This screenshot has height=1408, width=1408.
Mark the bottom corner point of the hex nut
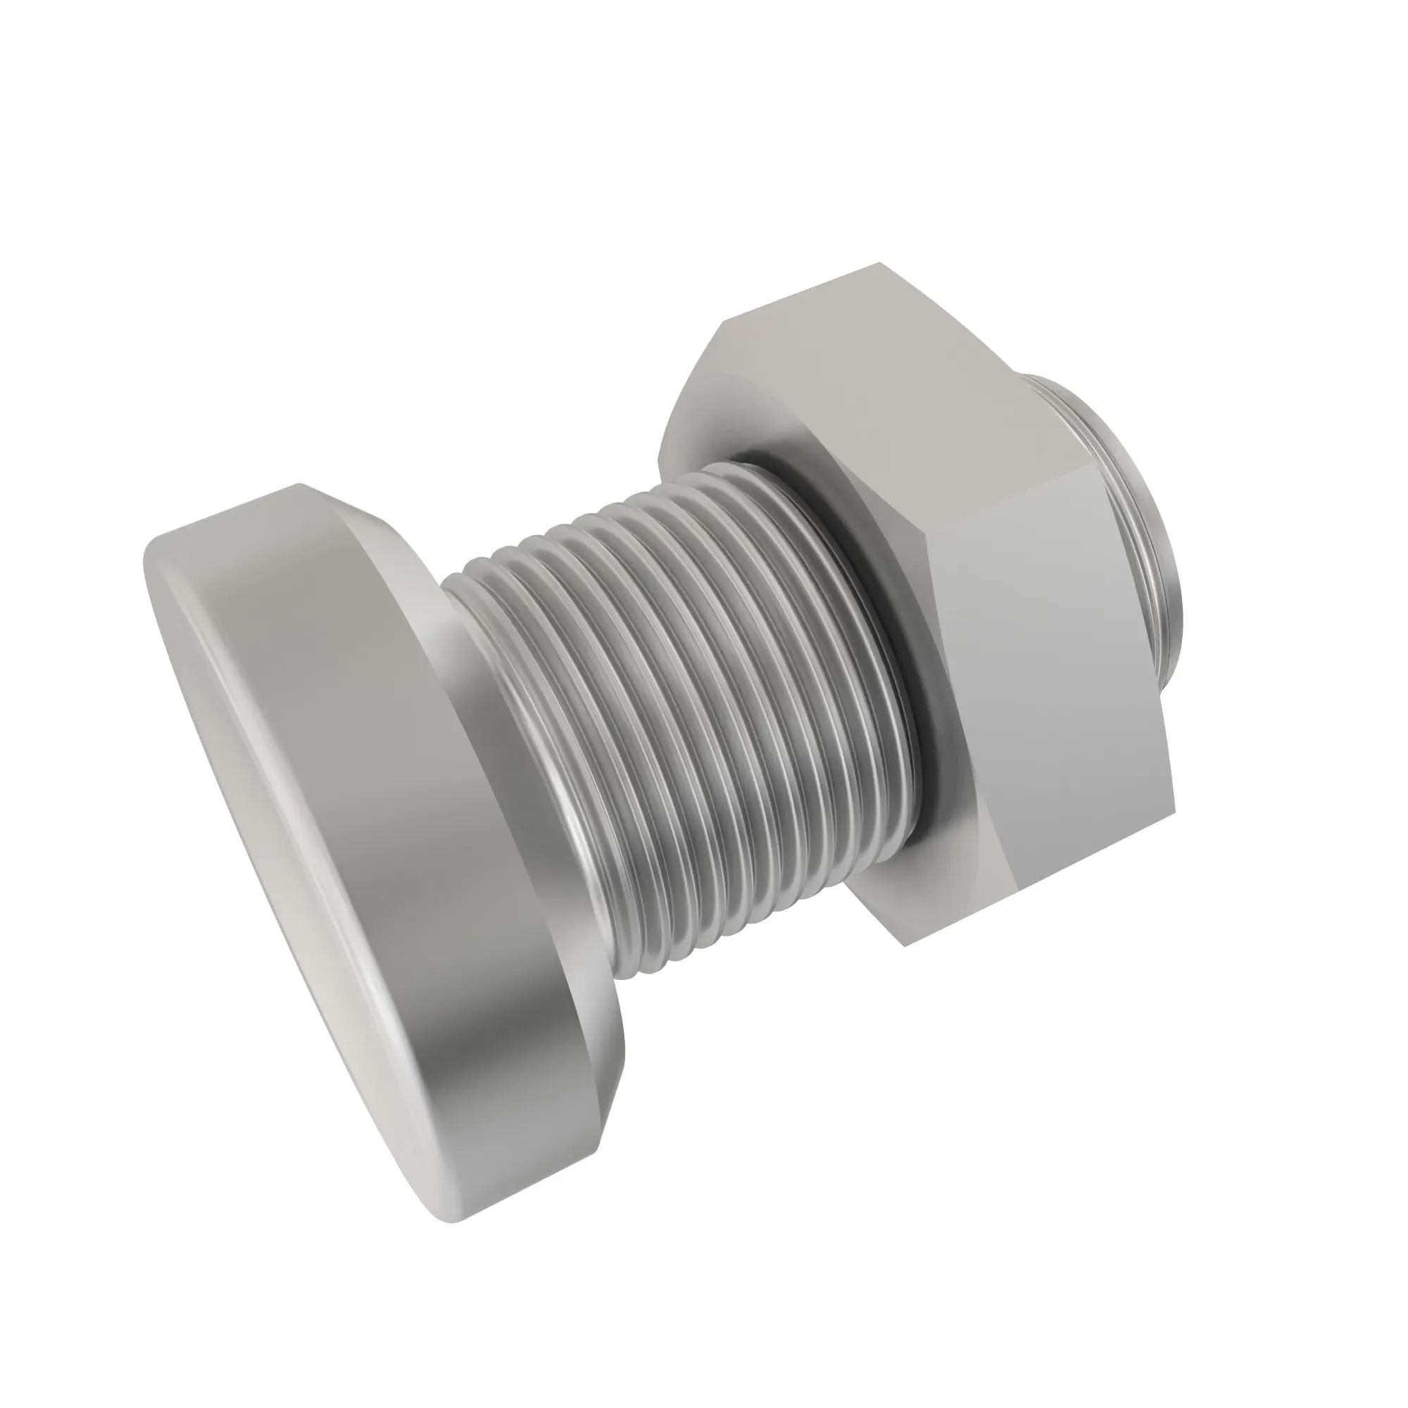[905, 946]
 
